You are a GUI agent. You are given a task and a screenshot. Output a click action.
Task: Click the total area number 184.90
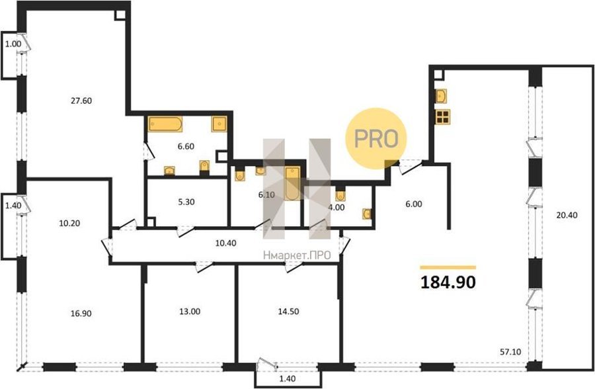pos(448,282)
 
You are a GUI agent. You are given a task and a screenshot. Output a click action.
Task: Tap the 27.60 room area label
pos(81,101)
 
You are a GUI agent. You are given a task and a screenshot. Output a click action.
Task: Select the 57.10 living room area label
pos(511,352)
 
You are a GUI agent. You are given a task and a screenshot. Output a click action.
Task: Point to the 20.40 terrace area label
pos(567,215)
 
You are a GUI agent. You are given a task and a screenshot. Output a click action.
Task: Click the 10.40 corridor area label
pos(226,243)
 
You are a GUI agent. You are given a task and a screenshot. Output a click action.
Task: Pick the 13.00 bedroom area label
pos(190,312)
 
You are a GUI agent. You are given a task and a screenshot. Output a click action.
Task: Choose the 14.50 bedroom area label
pos(288,312)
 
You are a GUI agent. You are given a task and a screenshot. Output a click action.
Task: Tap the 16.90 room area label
pos(81,314)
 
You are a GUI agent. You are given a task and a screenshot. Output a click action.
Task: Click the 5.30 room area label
pos(186,202)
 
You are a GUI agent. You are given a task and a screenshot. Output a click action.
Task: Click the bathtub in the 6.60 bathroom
pos(165,124)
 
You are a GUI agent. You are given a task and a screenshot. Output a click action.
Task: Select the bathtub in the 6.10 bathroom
pos(293,183)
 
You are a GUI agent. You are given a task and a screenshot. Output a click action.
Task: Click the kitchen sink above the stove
pos(442,96)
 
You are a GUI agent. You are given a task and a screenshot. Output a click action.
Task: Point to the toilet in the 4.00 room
pos(340,195)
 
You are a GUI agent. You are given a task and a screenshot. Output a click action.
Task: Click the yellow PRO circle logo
pos(376,139)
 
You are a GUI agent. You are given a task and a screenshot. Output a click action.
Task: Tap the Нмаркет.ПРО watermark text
pos(297,255)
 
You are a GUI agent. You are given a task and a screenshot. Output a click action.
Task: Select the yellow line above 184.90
pos(448,267)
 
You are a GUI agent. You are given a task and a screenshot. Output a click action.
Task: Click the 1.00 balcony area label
pos(13,44)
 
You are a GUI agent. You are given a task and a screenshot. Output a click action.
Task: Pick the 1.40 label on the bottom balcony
pos(288,378)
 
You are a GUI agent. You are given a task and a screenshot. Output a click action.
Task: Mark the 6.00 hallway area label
pos(414,204)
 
